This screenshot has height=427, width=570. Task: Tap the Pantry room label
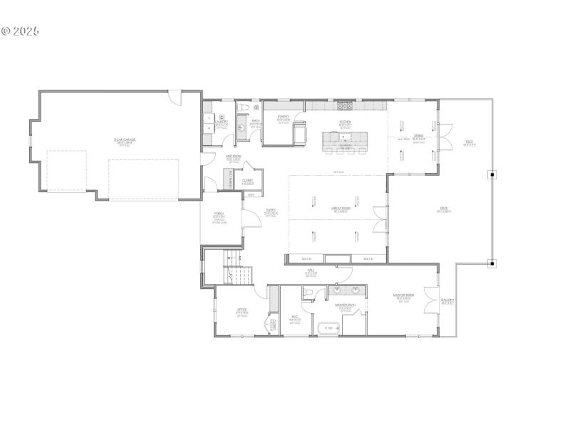[284, 120]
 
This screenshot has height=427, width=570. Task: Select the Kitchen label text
[345, 122]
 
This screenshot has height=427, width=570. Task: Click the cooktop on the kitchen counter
[345, 107]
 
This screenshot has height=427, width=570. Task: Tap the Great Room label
[340, 209]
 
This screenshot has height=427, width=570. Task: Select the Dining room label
[419, 137]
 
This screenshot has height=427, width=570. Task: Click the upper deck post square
[492, 174]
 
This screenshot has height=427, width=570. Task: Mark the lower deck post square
[492, 263]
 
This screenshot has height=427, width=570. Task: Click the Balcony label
[447, 300]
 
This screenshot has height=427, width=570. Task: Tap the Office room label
[242, 310]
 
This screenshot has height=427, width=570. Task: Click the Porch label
[219, 216]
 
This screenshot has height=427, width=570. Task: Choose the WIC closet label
[294, 319]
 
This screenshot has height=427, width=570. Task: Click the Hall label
[311, 272]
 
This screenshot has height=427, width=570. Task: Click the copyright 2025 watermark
[20, 31]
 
